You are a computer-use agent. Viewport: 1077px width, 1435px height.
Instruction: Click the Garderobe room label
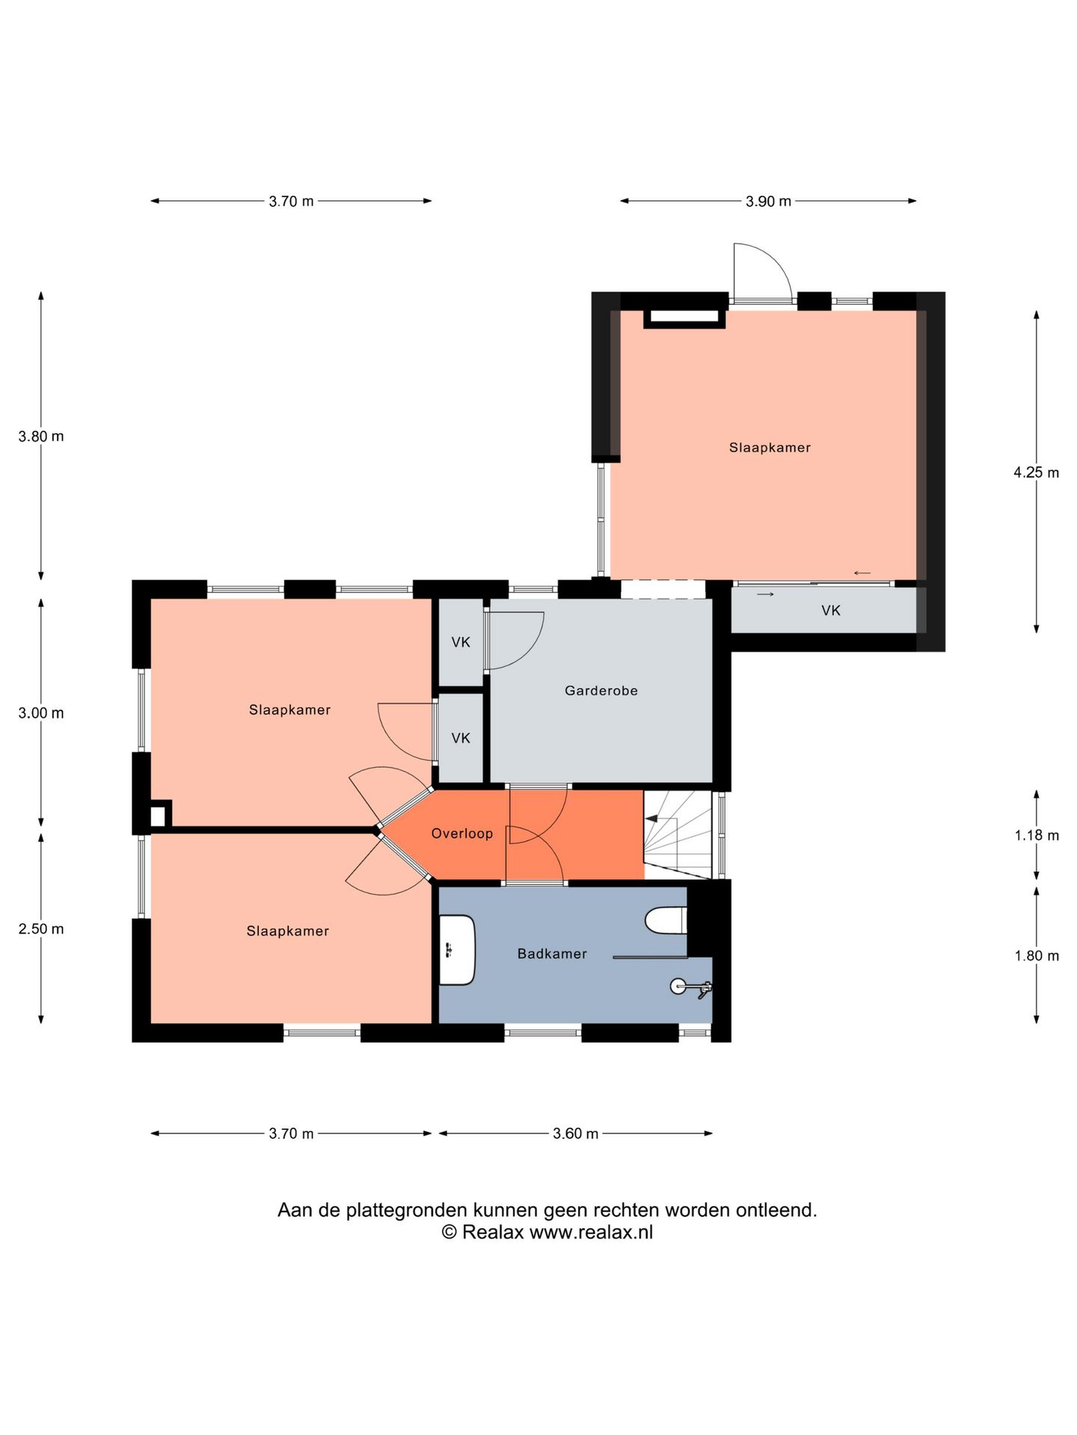coord(601,691)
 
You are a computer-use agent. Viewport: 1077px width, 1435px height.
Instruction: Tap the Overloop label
coord(462,833)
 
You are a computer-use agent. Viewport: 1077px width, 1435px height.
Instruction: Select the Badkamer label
coord(552,954)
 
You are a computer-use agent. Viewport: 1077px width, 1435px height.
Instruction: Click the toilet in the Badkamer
coord(666,920)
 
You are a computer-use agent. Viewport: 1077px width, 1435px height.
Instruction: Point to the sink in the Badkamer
coord(457,950)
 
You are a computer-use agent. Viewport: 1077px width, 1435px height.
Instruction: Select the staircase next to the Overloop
coord(678,835)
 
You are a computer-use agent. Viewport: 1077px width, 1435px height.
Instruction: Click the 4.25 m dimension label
coord(1036,472)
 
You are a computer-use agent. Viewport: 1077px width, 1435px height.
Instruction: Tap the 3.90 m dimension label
coord(768,201)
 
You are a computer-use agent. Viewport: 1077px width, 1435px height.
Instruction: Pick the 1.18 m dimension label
coord(1037,836)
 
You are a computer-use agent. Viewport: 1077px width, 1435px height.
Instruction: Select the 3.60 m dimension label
coord(575,1134)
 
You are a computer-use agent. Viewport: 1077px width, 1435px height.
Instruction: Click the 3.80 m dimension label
coord(41,436)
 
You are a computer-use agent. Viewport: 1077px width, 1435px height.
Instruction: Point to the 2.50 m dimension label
coord(41,929)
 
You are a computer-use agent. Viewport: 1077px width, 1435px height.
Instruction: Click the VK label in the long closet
coord(831,611)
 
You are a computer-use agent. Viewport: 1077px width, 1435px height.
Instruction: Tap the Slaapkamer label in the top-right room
coord(770,448)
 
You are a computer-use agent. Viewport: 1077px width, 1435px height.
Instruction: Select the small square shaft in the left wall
coord(158,815)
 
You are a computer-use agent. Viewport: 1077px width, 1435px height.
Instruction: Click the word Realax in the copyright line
coord(493,1232)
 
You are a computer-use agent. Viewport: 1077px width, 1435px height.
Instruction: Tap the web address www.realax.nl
coord(591,1232)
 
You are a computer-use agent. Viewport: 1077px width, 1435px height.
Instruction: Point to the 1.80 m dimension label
coord(1037,956)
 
